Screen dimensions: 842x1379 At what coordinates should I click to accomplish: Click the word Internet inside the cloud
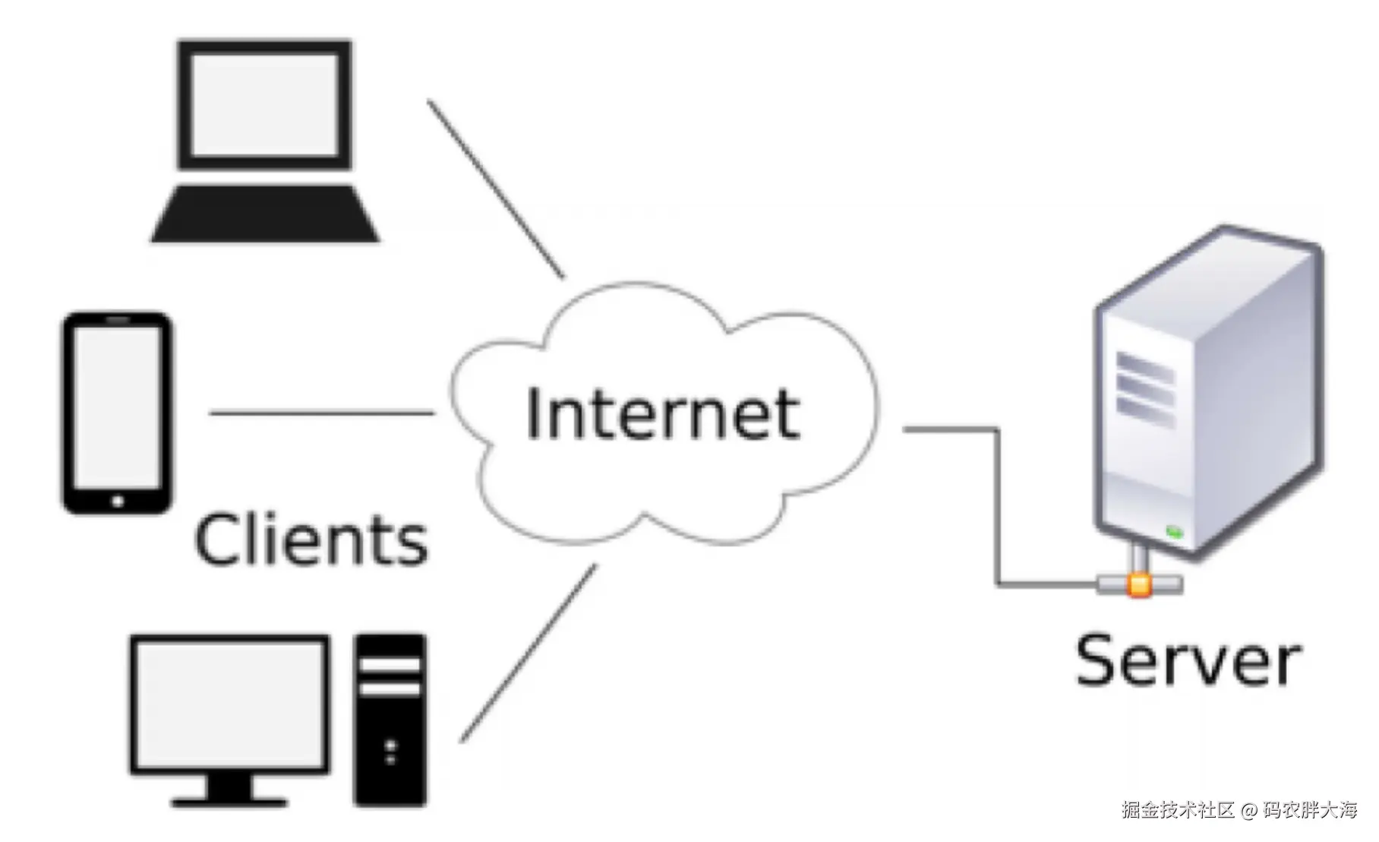pos(662,414)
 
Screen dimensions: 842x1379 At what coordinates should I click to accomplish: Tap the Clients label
pos(311,540)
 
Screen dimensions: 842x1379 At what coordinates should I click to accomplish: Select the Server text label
pos(1188,661)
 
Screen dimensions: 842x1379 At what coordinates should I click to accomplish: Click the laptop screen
pos(264,104)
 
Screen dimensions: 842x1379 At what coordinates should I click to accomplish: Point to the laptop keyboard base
pos(265,214)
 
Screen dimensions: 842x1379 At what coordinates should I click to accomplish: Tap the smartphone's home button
pos(117,502)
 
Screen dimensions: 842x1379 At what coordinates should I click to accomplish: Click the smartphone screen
pos(117,408)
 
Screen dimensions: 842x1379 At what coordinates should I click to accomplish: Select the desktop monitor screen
pos(229,704)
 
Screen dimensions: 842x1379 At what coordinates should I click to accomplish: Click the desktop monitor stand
pos(229,790)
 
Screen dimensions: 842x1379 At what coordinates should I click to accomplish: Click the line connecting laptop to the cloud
pos(497,188)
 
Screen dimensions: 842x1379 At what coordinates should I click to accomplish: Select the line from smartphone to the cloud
pos(321,413)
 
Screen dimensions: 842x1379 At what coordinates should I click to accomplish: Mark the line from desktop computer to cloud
pos(529,653)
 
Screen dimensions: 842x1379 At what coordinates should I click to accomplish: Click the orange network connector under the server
pos(1138,584)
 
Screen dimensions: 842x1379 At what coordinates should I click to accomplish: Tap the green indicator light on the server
pos(1175,532)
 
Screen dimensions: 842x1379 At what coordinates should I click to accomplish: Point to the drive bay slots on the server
pos(1145,388)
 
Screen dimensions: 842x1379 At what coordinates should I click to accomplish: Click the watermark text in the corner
pos(1239,810)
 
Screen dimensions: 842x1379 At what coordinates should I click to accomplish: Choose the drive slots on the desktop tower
pos(390,676)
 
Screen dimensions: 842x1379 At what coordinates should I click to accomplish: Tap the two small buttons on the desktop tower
pos(390,752)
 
